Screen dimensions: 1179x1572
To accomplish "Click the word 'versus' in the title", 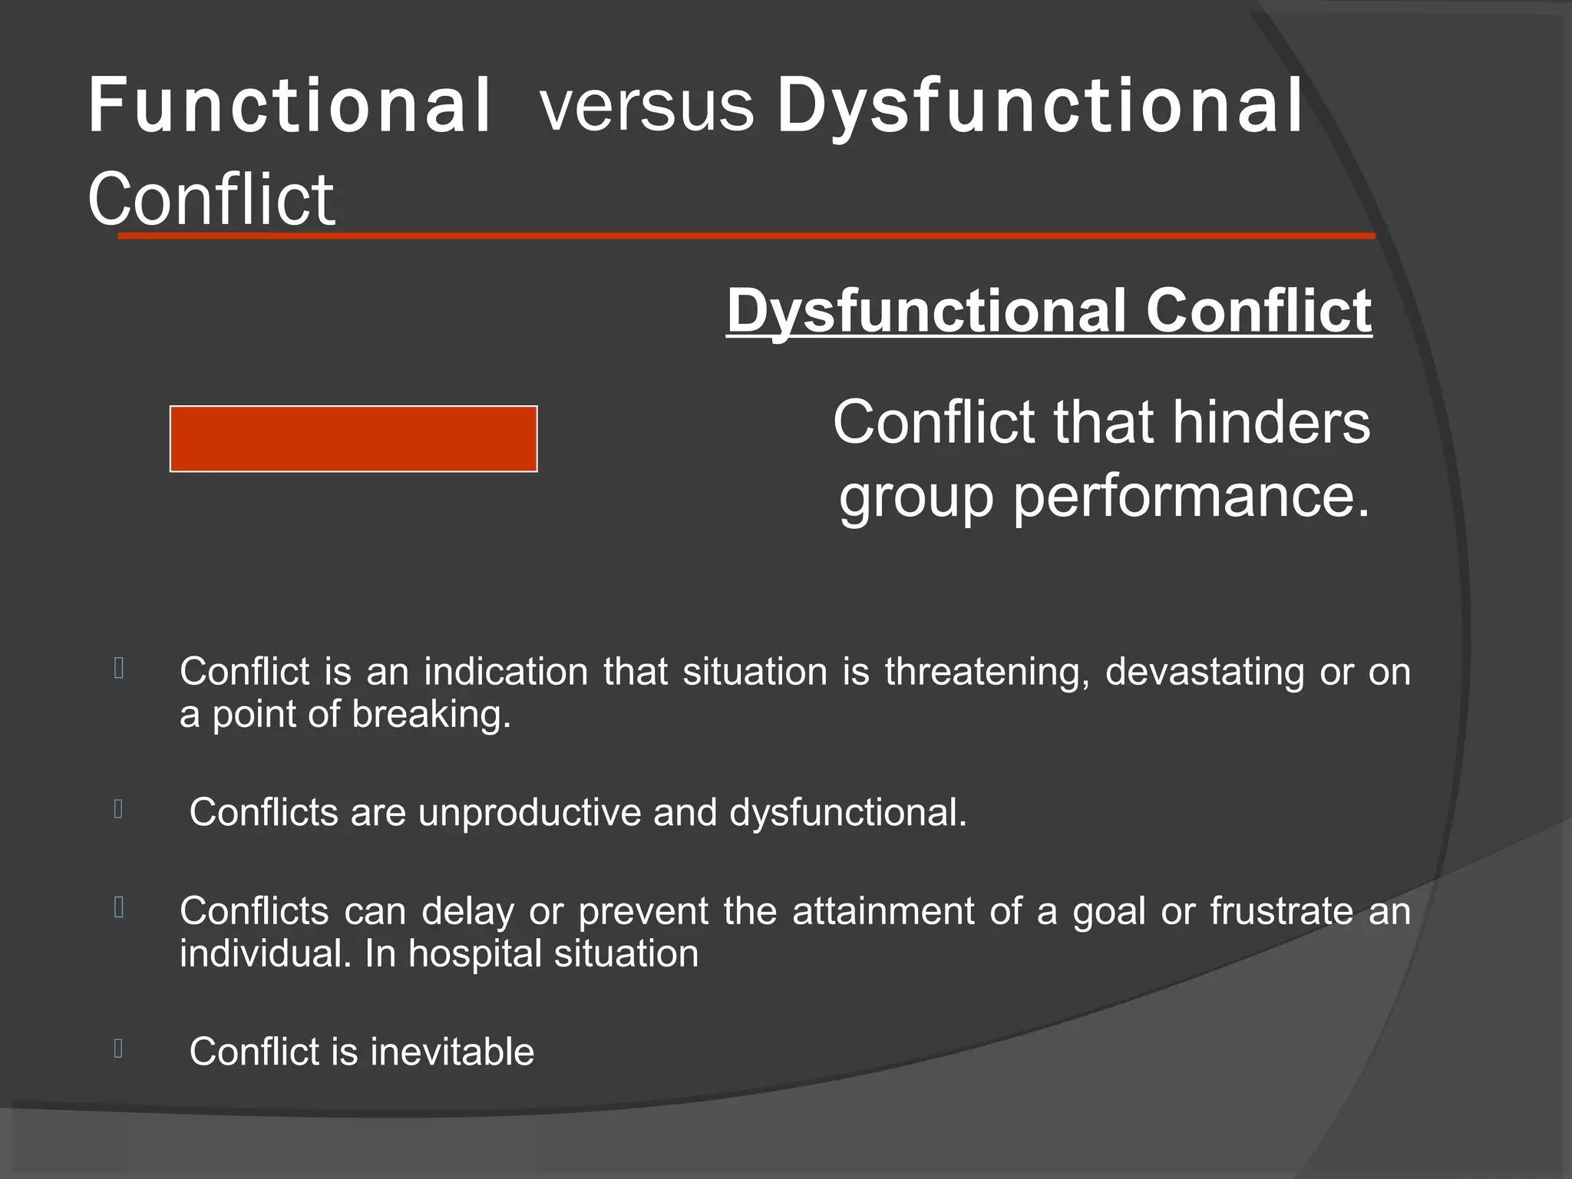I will [x=647, y=107].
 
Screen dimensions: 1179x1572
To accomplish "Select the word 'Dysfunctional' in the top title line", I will [x=1040, y=107].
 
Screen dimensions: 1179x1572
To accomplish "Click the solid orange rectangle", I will [x=353, y=438].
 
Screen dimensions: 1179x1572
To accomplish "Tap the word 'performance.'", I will [x=1191, y=497].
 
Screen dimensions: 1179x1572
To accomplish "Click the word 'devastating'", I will [x=1204, y=672].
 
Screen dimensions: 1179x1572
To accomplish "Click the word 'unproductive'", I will [x=530, y=812].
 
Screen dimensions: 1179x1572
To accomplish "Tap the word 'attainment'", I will [x=883, y=911].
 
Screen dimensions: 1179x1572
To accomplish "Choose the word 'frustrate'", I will [x=1282, y=911].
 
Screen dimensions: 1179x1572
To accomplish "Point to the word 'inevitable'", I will [x=452, y=1052].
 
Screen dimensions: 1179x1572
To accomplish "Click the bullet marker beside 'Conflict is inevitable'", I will [x=118, y=1049].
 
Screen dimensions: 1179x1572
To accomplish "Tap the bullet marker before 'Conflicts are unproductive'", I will [x=118, y=809].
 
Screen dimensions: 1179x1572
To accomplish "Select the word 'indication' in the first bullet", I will [x=506, y=672].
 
